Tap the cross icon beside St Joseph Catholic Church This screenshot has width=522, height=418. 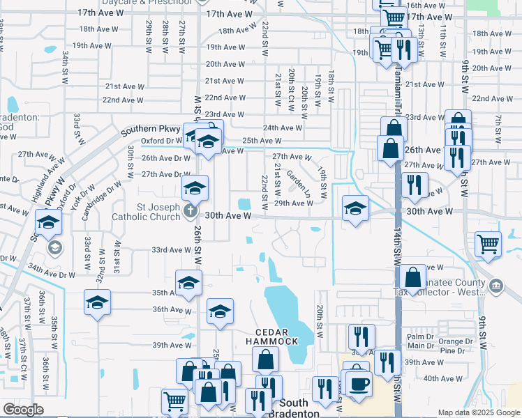click(x=189, y=210)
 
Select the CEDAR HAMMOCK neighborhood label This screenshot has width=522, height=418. click(x=271, y=336)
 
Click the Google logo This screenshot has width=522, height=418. click(x=23, y=410)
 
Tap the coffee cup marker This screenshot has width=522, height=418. click(x=359, y=383)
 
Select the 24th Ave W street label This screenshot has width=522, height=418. click(x=283, y=127)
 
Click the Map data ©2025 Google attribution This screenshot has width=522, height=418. click(x=479, y=412)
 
